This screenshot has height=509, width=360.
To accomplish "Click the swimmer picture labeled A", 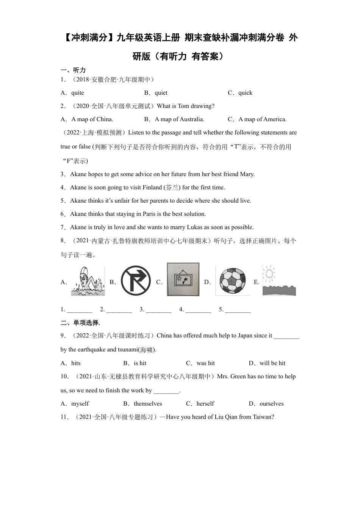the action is point(88,281).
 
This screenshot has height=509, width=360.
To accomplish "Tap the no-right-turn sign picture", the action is point(136,281).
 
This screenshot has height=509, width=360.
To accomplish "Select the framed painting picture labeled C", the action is point(183,279).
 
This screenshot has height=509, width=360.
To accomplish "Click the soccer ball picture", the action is point(233,281).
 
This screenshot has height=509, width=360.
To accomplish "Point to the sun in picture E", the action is point(269,273).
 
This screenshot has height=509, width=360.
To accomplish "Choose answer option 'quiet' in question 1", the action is point(161,93).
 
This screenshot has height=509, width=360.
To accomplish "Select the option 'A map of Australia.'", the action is point(179,119).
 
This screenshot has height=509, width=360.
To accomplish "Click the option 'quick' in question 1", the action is point(245,93).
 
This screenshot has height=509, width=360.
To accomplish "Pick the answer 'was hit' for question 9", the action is point(205,363).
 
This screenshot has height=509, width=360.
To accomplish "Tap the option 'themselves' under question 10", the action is point(148,404).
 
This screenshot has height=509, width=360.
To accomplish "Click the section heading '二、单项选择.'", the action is point(80,323).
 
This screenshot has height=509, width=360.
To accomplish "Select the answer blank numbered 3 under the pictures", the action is point(158,310).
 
